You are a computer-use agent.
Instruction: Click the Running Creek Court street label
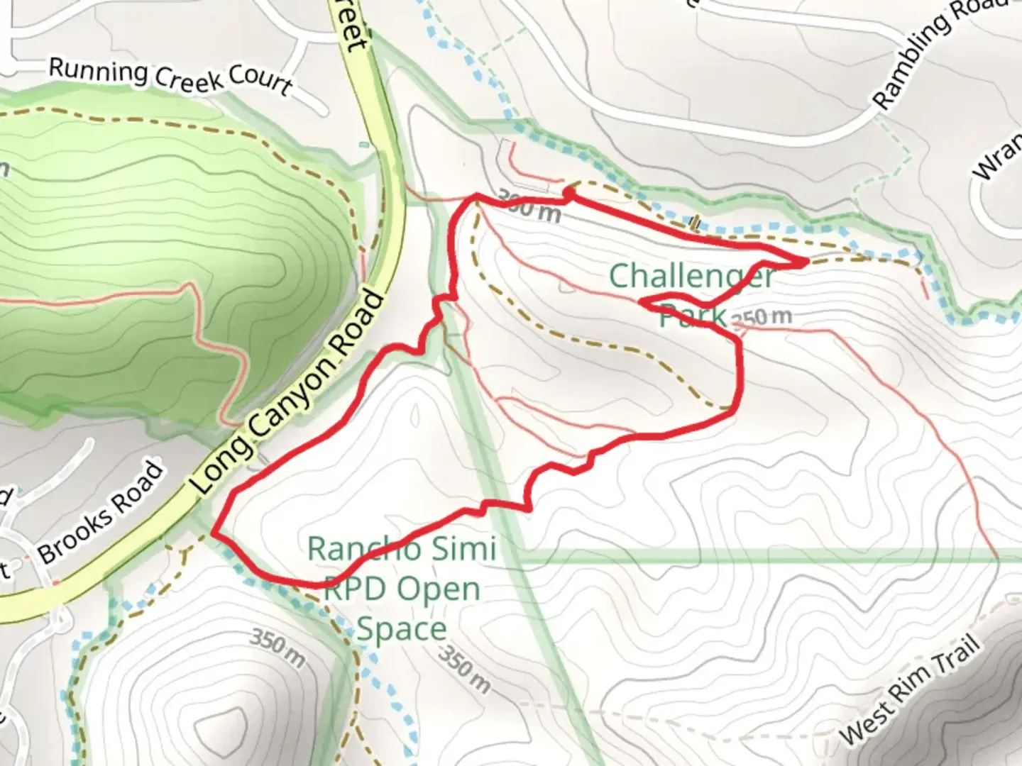(170, 77)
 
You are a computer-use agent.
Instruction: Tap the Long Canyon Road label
(288, 393)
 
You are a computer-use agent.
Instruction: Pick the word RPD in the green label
(353, 589)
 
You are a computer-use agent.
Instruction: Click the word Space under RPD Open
(402, 628)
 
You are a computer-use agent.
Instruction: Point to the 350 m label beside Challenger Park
(761, 316)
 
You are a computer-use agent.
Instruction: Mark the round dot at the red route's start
(568, 191)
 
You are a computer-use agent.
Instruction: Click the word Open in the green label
(438, 589)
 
